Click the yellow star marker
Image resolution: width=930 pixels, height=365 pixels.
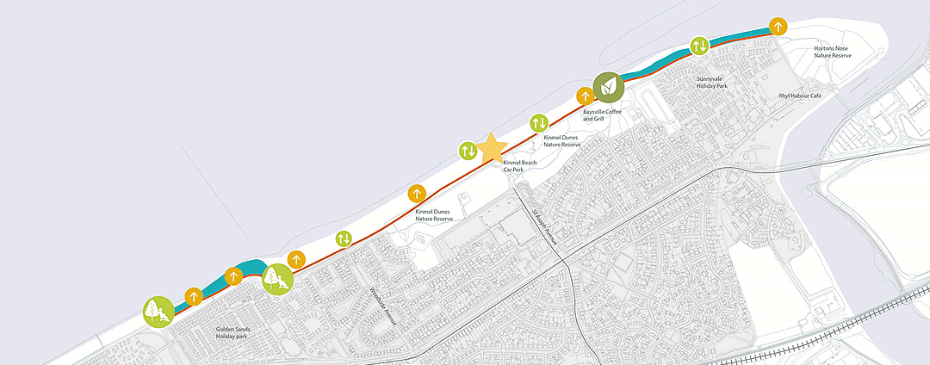click(x=492, y=148)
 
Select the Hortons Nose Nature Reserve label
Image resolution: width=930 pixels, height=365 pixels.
click(x=833, y=52)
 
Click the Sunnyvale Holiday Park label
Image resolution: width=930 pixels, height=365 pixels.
click(x=713, y=83)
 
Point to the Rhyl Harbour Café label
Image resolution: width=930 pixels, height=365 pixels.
click(x=799, y=96)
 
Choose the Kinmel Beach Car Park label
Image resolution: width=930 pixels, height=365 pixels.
click(x=520, y=166)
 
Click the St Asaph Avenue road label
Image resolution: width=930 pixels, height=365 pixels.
click(x=544, y=227)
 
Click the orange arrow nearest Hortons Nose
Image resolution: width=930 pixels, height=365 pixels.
click(x=778, y=25)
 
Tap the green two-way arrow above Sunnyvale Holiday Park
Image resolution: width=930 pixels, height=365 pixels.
click(x=699, y=44)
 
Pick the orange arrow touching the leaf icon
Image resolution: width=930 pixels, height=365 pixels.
click(x=585, y=95)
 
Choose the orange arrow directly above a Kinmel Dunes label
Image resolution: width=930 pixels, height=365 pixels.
click(x=417, y=193)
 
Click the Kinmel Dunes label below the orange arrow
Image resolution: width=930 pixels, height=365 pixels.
click(x=432, y=215)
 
